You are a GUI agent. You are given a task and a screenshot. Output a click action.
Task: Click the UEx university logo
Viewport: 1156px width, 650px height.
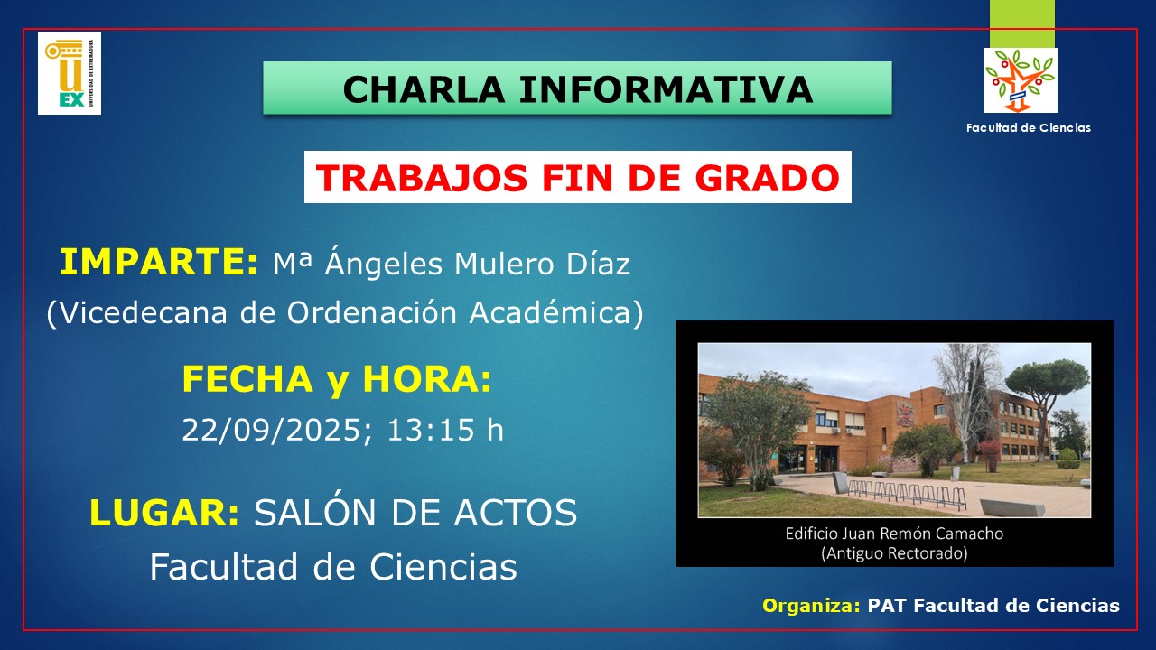pyautogui.click(x=70, y=73)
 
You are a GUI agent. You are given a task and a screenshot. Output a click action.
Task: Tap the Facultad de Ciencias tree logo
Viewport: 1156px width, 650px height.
pyautogui.click(x=1021, y=80)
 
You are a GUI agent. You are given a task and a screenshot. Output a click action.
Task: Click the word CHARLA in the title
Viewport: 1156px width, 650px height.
pyautogui.click(x=424, y=89)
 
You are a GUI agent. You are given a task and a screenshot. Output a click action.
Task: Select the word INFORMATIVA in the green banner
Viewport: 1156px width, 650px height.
pyautogui.click(x=666, y=89)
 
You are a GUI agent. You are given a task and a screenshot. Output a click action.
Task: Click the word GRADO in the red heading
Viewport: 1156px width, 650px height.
pyautogui.click(x=768, y=178)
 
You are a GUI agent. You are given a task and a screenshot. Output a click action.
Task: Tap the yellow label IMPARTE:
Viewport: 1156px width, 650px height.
pyautogui.click(x=158, y=262)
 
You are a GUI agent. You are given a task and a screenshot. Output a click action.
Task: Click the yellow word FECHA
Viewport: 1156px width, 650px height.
pyautogui.click(x=247, y=379)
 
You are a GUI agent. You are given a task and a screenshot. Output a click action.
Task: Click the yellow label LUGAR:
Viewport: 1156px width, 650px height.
pyautogui.click(x=164, y=512)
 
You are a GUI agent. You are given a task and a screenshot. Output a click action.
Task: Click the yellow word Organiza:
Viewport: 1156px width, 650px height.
pyautogui.click(x=811, y=606)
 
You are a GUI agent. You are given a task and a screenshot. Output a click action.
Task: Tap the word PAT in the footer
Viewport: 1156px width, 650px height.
pyautogui.click(x=887, y=606)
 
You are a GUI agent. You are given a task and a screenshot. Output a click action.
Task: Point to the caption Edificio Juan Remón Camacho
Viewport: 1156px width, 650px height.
pyautogui.click(x=894, y=534)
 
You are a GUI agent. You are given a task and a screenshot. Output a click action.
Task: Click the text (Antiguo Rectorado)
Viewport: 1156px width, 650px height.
pyautogui.click(x=894, y=553)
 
